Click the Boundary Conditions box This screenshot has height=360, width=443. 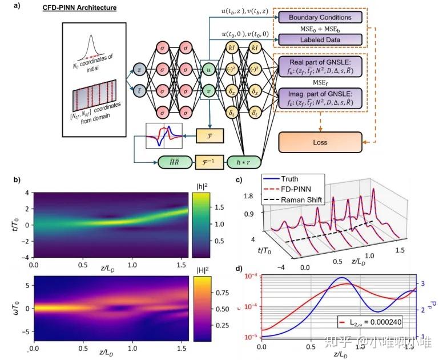[320, 18]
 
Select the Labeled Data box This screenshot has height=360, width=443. [320, 40]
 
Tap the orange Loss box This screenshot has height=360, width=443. [320, 142]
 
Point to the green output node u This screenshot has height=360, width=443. [210, 69]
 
